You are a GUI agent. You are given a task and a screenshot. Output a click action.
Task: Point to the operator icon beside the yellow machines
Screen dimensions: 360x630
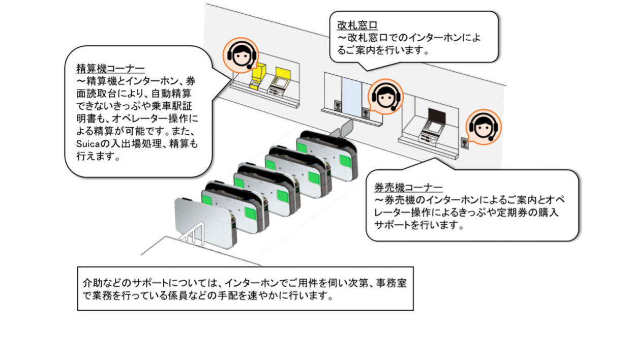[x=241, y=55]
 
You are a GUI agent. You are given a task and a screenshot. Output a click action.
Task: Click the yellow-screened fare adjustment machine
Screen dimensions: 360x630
[x=280, y=81]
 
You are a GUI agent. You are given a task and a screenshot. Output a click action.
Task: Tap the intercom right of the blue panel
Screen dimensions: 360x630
[x=365, y=112]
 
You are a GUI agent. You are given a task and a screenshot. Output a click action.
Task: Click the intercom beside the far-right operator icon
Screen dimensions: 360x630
[x=464, y=142]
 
